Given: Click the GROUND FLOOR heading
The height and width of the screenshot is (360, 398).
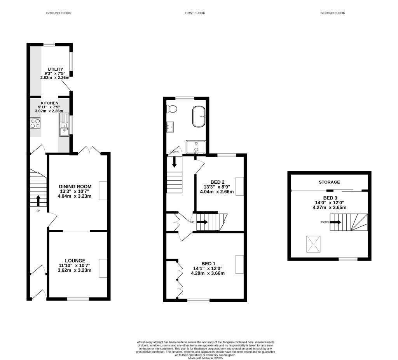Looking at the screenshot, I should pyautogui.click(x=59, y=13).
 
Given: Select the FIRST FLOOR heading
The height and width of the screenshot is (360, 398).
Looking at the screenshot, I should pyautogui.click(x=195, y=13).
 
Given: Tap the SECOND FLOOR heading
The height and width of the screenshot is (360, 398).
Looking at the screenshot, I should pyautogui.click(x=333, y=13).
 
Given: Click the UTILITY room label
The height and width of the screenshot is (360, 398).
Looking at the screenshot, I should pyautogui.click(x=56, y=69).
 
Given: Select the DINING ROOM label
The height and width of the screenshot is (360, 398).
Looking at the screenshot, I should pyautogui.click(x=75, y=186).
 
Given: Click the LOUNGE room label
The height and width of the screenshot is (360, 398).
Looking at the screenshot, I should pyautogui.click(x=75, y=260).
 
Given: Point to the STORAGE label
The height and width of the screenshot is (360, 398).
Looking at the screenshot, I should pyautogui.click(x=329, y=182).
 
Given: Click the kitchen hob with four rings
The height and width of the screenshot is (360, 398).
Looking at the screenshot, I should pyautogui.click(x=35, y=123).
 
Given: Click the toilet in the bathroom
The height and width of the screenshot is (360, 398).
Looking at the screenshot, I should pyautogui.click(x=172, y=108).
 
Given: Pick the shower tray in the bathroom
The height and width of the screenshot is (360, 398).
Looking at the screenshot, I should pyautogui.click(x=196, y=147).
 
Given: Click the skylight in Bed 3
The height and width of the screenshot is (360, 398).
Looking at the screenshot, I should pyautogui.click(x=314, y=243).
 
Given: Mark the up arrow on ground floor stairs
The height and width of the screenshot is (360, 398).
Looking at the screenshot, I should pyautogui.click(x=38, y=201).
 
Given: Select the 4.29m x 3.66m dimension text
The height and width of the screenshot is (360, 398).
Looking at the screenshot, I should pyautogui.click(x=208, y=273).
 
